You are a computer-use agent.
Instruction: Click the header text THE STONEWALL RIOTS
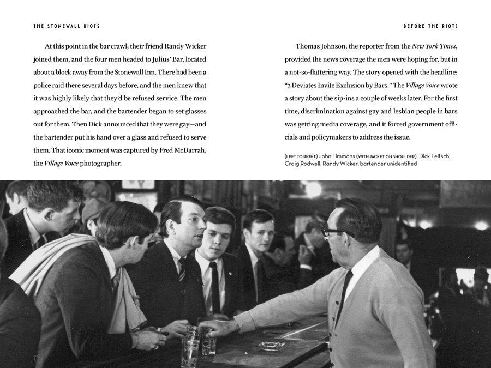coord(66,26)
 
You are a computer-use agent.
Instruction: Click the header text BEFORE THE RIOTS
coord(430,26)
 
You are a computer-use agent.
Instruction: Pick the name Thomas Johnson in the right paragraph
coord(322,46)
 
